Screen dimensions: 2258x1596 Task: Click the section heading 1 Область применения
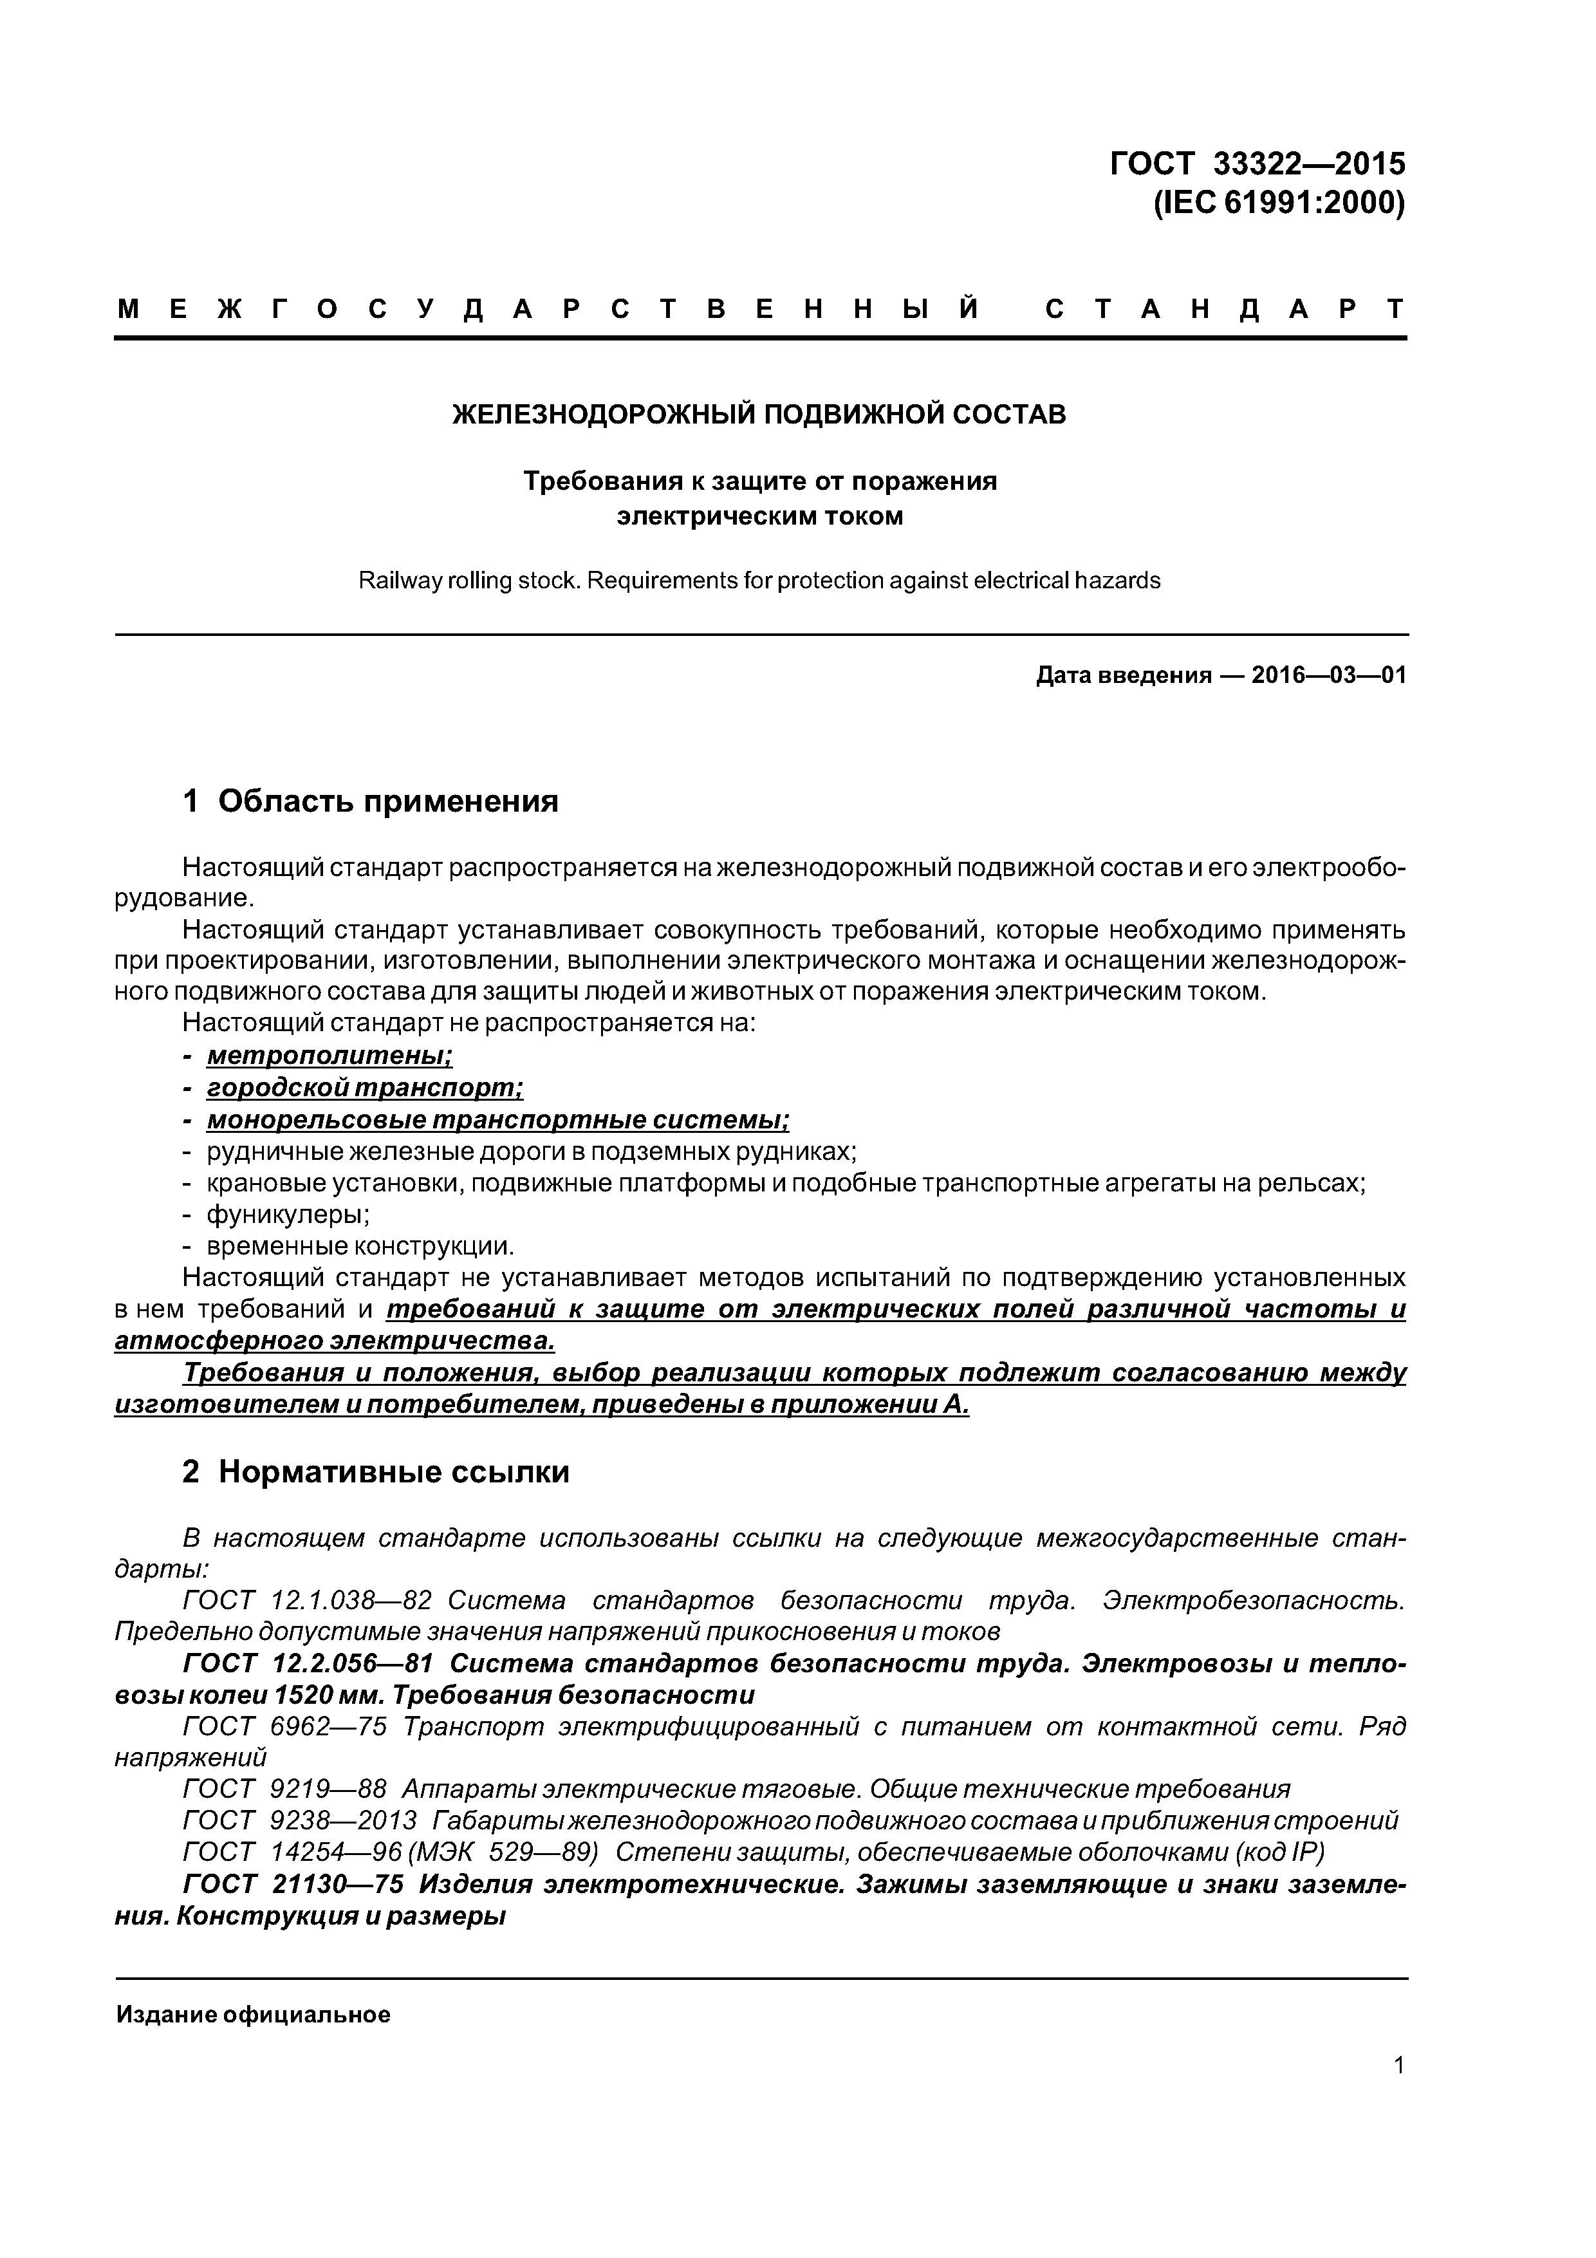click(x=371, y=801)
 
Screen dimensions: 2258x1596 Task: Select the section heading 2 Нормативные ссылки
click(x=376, y=1471)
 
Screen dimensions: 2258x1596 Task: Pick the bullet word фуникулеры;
click(x=287, y=1215)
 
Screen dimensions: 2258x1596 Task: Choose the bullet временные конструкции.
click(x=360, y=1247)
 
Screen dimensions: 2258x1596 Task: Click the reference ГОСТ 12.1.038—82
click(x=308, y=1600)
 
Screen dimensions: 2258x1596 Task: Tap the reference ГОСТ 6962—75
click(x=285, y=1727)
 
